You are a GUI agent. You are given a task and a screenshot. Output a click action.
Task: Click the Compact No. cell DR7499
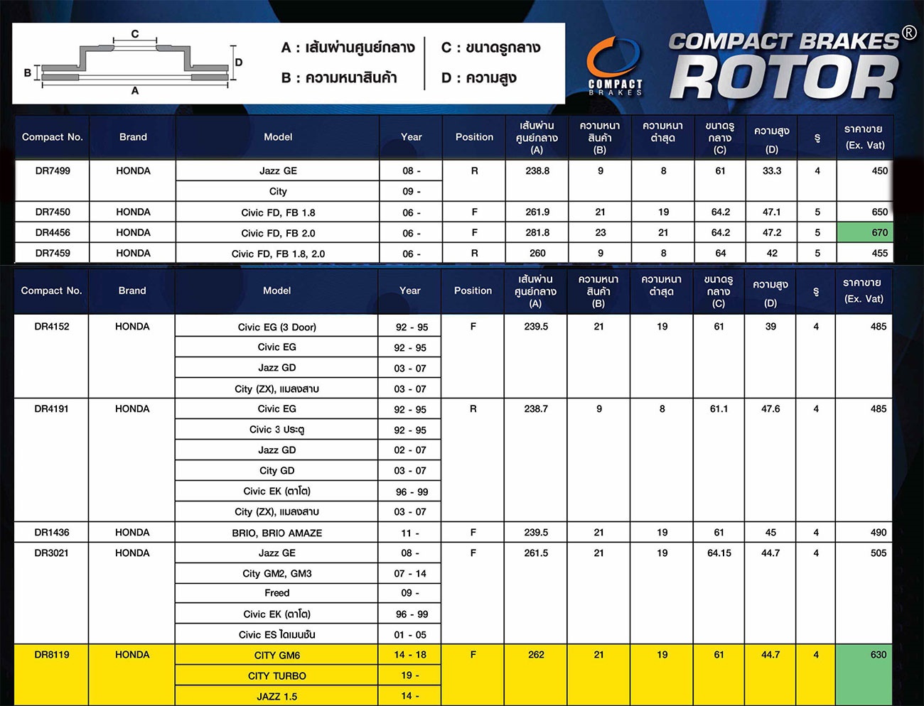53,171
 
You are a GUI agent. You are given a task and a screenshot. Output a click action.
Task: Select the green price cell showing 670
864,232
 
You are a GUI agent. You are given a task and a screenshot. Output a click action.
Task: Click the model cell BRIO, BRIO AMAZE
276,533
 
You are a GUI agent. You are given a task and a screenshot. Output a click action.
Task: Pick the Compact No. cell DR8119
52,655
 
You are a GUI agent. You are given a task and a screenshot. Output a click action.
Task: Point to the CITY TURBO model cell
276,675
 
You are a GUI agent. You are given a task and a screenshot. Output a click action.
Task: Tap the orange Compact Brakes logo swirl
613,58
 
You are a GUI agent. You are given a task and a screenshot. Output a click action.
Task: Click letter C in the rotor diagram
135,33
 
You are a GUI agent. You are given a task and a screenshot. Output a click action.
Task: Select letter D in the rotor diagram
239,63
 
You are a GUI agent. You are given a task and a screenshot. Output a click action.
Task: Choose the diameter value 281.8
537,232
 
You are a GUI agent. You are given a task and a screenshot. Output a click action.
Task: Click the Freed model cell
276,593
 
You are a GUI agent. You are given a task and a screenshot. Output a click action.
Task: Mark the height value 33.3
772,171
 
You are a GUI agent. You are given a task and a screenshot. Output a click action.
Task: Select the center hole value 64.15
719,553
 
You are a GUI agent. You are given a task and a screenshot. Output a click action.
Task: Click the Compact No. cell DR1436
52,532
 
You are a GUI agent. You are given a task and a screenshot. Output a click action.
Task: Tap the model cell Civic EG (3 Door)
276,327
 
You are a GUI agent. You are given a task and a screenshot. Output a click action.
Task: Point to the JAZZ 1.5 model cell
276,696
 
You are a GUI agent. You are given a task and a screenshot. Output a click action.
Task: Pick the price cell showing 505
878,553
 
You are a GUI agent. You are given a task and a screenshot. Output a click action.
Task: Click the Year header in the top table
411,137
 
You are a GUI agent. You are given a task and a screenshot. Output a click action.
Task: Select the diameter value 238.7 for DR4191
536,409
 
